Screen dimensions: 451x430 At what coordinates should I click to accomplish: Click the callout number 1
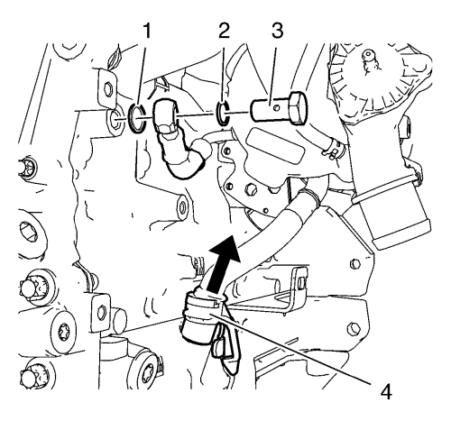(x=146, y=32)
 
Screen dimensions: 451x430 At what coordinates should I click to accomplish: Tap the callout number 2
(x=224, y=31)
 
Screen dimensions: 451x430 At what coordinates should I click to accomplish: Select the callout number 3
(x=277, y=31)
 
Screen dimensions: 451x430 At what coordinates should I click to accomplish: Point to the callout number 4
(x=386, y=392)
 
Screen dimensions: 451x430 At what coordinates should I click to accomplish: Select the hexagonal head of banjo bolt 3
(x=298, y=107)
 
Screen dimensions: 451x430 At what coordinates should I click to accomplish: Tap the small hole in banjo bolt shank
(x=277, y=107)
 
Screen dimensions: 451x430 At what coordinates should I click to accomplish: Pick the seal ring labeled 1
(x=137, y=118)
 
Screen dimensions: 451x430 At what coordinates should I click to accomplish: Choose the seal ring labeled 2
(x=223, y=113)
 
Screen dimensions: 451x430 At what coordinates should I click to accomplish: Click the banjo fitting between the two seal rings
(x=165, y=115)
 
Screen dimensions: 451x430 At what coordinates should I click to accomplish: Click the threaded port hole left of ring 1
(x=114, y=120)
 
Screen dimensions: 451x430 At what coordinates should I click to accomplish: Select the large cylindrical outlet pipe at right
(x=391, y=216)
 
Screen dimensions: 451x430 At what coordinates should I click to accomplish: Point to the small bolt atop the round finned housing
(x=367, y=55)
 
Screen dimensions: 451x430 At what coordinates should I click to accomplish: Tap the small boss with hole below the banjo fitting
(x=182, y=206)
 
